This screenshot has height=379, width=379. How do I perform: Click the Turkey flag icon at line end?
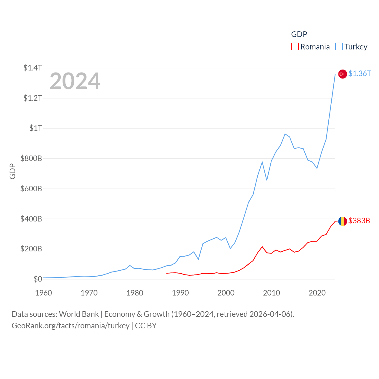pyautogui.click(x=343, y=74)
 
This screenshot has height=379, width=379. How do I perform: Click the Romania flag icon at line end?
pyautogui.click(x=343, y=221)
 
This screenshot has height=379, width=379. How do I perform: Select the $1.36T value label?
pyautogui.click(x=359, y=73)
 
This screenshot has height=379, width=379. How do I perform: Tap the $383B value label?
pyautogui.click(x=359, y=221)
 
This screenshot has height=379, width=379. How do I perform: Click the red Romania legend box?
pyautogui.click(x=295, y=46)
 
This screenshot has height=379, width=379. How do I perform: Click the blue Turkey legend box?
pyautogui.click(x=339, y=46)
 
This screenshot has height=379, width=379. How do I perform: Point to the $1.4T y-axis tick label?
pyautogui.click(x=33, y=68)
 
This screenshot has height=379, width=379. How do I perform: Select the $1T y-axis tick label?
pyautogui.click(x=36, y=128)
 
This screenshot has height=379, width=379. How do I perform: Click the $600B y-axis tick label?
pyautogui.click(x=31, y=189)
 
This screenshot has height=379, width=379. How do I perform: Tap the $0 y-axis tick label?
pyautogui.click(x=38, y=279)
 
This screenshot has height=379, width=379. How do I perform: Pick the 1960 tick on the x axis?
pyautogui.click(x=44, y=293)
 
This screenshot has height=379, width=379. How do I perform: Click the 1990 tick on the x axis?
pyautogui.click(x=180, y=293)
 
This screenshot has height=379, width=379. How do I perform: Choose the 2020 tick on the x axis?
pyautogui.click(x=317, y=293)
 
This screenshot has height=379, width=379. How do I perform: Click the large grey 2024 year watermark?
pyautogui.click(x=75, y=81)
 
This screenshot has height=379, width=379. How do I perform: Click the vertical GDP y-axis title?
pyautogui.click(x=12, y=171)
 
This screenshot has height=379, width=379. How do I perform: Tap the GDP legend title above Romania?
pyautogui.click(x=299, y=34)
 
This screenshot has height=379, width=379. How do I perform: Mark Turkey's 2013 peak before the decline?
pyautogui.click(x=285, y=134)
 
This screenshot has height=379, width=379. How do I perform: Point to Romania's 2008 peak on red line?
pyautogui.click(x=262, y=247)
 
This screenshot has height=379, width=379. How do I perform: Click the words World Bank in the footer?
pyautogui.click(x=79, y=314)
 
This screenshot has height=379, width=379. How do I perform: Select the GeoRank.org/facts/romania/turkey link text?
pyautogui.click(x=70, y=326)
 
